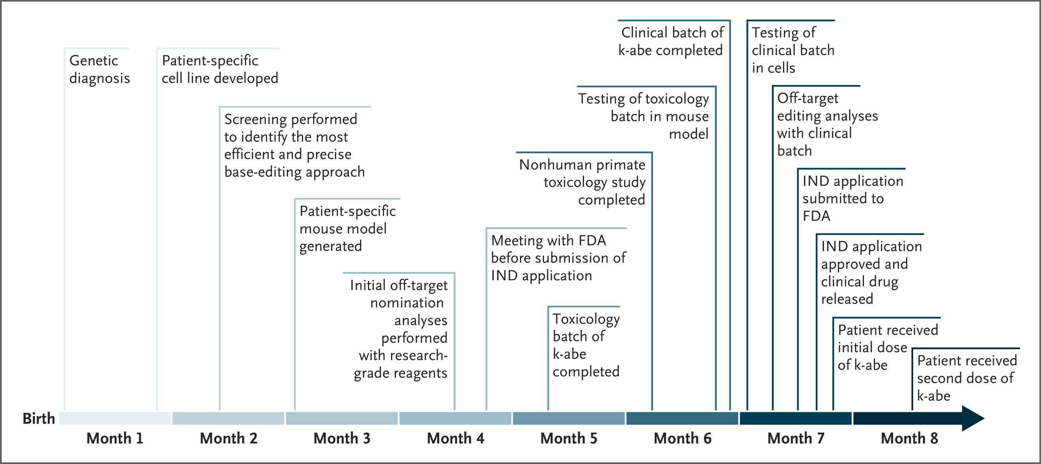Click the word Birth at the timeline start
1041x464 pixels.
39,418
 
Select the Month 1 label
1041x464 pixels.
115,438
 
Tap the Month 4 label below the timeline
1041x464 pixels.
455,438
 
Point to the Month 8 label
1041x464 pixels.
909,438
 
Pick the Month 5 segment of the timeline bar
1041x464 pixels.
569,418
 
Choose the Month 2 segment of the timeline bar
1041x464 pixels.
228,418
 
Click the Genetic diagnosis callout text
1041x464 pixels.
99,69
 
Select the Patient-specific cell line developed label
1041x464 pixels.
220,69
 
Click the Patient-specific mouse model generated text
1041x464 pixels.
347,228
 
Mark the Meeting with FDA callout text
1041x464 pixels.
558,258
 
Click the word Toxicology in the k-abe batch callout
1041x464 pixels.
586,319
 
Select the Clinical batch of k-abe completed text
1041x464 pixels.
671,41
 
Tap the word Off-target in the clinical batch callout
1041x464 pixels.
808,98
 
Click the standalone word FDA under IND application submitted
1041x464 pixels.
816,216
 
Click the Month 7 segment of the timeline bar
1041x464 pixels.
796,418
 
